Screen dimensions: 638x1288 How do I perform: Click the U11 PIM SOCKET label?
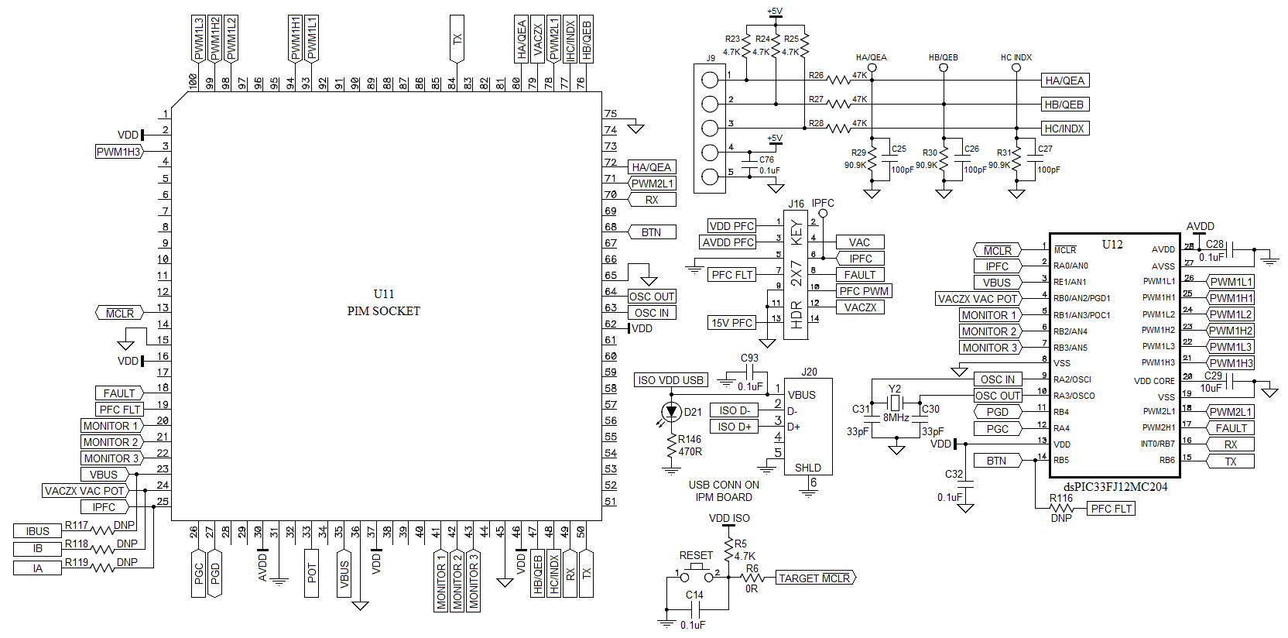pyautogui.click(x=383, y=303)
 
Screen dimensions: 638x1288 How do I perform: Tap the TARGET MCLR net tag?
pyautogui.click(x=814, y=578)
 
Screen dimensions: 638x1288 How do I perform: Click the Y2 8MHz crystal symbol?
pyautogui.click(x=895, y=403)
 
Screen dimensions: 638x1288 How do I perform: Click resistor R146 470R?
pyautogui.click(x=671, y=447)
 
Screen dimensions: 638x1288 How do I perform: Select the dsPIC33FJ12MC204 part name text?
pyautogui.click(x=1115, y=487)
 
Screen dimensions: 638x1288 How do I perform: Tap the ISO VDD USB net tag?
pyautogui.click(x=670, y=380)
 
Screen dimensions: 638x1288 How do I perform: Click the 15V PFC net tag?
pyautogui.click(x=731, y=323)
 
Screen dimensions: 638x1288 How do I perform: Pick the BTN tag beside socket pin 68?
pyautogui.click(x=651, y=232)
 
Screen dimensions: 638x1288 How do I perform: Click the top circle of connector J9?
pyautogui.click(x=710, y=79)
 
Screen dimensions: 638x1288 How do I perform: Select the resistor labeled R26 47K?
pyautogui.click(x=839, y=79)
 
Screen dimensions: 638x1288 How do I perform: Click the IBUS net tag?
pyautogui.click(x=37, y=531)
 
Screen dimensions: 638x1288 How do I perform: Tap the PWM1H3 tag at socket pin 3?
pyautogui.click(x=118, y=152)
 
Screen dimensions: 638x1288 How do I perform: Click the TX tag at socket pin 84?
pyautogui.click(x=457, y=39)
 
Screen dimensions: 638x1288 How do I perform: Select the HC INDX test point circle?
pyautogui.click(x=1016, y=68)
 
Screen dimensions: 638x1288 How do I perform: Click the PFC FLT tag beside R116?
pyautogui.click(x=1111, y=509)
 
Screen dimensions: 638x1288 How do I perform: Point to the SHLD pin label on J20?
pyautogui.click(x=807, y=468)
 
